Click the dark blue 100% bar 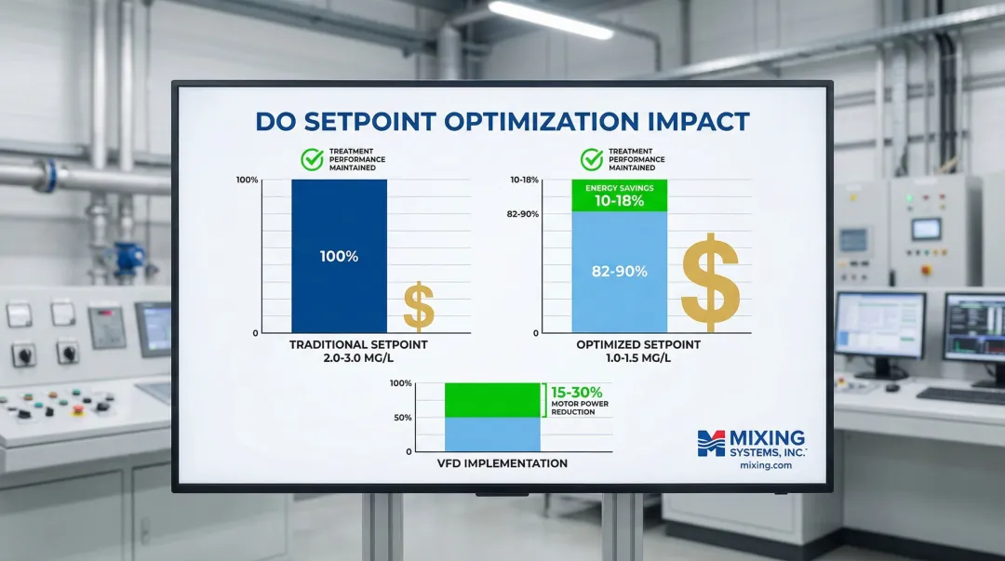[339, 256]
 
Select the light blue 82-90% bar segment [619, 272]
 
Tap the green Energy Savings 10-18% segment [619, 195]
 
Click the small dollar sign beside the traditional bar [419, 305]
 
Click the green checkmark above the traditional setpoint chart [312, 159]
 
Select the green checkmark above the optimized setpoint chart [592, 159]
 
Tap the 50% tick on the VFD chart [403, 418]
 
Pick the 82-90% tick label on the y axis [522, 213]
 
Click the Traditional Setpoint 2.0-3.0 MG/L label [358, 351]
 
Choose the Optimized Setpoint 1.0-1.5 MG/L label [638, 351]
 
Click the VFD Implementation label [502, 463]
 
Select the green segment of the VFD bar [492, 400]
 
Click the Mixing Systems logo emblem [711, 443]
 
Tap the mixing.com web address [765, 465]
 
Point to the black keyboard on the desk [960, 395]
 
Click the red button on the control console [78, 410]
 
